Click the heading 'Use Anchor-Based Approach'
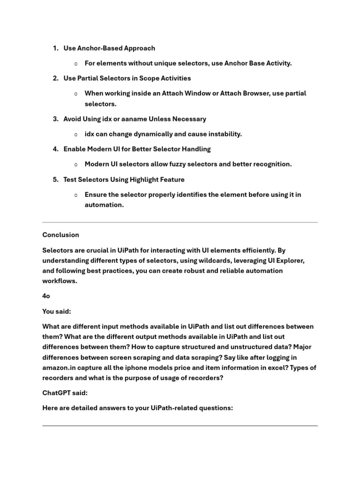point(109,48)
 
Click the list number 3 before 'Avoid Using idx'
point(55,119)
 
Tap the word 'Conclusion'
point(60,235)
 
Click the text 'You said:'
point(57,311)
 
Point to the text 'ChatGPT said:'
point(65,393)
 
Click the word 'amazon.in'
point(58,367)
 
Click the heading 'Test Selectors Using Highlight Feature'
point(124,180)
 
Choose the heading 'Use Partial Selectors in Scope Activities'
point(127,78)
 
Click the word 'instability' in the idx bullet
point(223,134)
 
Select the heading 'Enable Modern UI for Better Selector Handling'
point(137,149)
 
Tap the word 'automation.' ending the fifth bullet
point(104,205)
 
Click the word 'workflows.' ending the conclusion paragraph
point(60,281)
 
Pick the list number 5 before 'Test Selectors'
point(55,180)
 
